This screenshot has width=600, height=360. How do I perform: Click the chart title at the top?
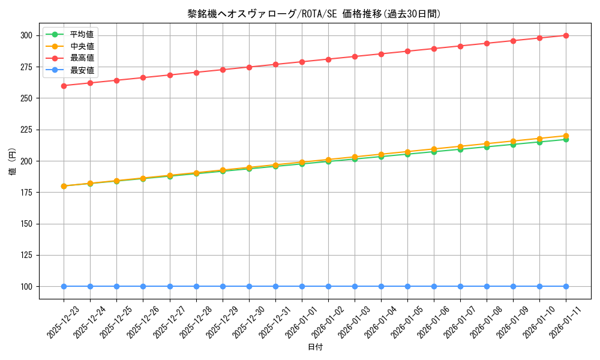point(314,14)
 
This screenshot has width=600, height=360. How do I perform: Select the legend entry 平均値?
point(82,34)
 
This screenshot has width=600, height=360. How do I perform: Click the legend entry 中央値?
point(82,46)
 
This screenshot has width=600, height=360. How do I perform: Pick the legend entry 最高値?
point(82,58)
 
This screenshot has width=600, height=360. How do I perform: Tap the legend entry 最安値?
point(82,70)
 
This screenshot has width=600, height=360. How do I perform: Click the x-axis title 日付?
point(315,347)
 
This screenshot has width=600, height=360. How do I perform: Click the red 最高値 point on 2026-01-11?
point(566,35)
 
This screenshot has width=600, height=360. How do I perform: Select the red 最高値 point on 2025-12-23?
point(64,85)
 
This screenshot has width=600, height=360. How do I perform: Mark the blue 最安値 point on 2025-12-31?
point(275,286)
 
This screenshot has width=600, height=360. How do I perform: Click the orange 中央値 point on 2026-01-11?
point(566,136)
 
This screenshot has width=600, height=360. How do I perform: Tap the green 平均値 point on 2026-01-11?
point(566,139)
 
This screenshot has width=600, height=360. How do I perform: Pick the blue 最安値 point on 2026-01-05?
point(407,286)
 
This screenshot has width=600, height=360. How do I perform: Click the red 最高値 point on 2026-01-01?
point(302,62)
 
